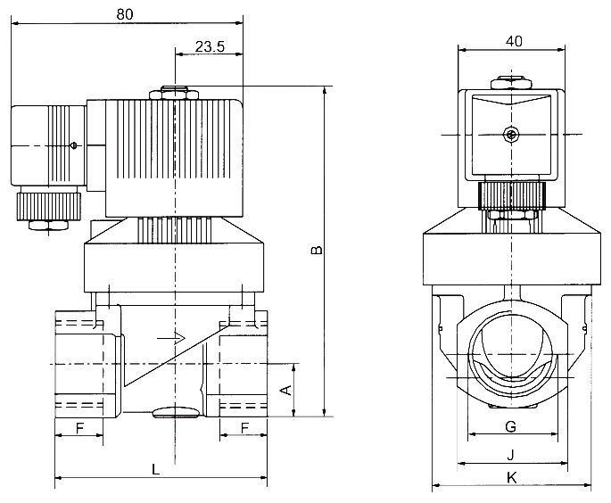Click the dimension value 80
pyautogui.click(x=125, y=14)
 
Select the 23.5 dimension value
pyautogui.click(x=207, y=47)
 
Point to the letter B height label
pyautogui.click(x=315, y=251)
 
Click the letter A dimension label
pyautogui.click(x=285, y=390)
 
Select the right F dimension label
pyautogui.click(x=244, y=427)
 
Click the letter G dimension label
pyautogui.click(x=511, y=425)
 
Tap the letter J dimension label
pyautogui.click(x=511, y=454)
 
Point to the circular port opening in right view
pyautogui.click(x=511, y=352)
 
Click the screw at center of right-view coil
pyautogui.click(x=510, y=135)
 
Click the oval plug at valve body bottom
pyautogui.click(x=176, y=412)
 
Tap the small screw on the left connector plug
pyautogui.click(x=73, y=145)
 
